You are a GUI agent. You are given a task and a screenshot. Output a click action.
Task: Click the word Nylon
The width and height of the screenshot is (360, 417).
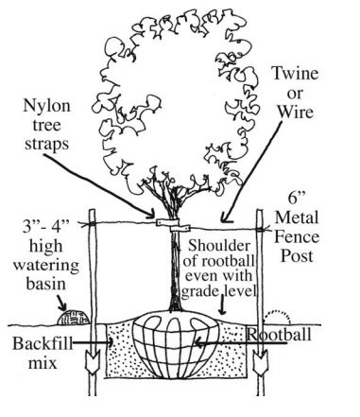tap(46, 107)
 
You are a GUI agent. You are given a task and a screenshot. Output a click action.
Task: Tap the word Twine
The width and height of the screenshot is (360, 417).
tap(295, 73)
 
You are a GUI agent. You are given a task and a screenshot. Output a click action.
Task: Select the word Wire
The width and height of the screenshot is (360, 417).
tap(296, 112)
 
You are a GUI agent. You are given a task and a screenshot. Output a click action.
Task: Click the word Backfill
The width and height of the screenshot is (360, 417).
tap(43, 343)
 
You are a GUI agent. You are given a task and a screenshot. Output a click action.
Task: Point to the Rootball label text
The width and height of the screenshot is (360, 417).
tap(279, 334)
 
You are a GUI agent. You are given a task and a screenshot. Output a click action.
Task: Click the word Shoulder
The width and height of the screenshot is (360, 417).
tap(219, 245)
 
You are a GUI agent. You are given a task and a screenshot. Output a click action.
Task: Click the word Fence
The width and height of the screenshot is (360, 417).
tap(297, 237)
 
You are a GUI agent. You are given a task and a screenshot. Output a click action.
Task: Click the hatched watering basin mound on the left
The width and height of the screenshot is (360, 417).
tap(74, 318)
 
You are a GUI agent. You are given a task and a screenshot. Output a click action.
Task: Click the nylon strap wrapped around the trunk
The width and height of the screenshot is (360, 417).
tap(173, 225)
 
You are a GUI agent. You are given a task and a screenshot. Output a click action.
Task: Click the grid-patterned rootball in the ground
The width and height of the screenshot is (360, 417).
tap(176, 345)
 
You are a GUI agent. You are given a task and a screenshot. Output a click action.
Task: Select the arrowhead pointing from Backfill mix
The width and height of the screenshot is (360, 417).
tap(111, 342)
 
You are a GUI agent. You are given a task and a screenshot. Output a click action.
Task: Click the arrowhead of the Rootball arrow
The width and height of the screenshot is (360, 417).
tap(197, 342)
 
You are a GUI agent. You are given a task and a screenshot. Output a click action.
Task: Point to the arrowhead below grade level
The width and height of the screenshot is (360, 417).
tap(222, 311)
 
